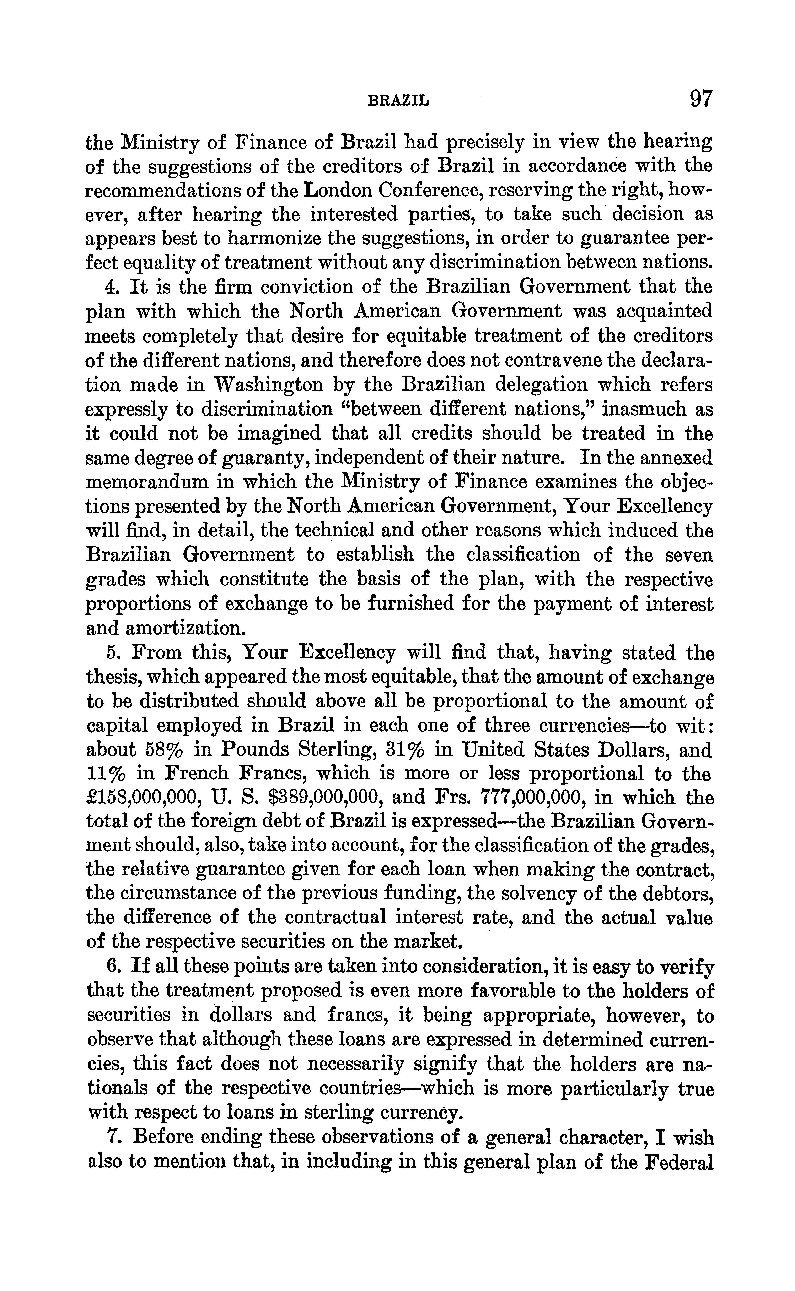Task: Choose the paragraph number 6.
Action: click(x=111, y=967)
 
